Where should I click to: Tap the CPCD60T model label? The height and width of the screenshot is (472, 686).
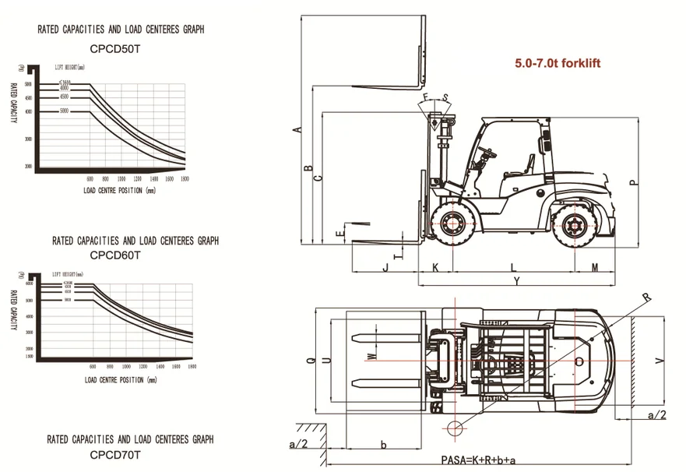[x=115, y=255]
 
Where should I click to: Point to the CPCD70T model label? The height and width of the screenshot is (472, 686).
[x=115, y=453]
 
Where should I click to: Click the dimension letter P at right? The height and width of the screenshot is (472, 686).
[x=634, y=182]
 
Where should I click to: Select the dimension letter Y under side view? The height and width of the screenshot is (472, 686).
[x=516, y=281]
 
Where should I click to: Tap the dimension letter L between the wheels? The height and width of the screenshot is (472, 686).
[x=512, y=266]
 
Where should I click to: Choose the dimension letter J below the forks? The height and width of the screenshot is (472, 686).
[x=385, y=266]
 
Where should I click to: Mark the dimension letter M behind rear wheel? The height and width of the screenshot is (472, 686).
[x=594, y=266]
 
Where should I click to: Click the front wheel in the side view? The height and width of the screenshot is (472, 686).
[x=451, y=225]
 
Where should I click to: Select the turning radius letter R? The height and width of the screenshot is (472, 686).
[x=646, y=297]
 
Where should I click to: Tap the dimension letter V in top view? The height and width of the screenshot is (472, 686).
[x=660, y=360]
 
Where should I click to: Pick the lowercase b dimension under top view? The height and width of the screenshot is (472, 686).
[x=384, y=444]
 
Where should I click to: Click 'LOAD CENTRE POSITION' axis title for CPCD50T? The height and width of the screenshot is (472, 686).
[x=119, y=188]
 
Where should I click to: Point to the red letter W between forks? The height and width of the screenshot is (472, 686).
[x=372, y=356]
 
